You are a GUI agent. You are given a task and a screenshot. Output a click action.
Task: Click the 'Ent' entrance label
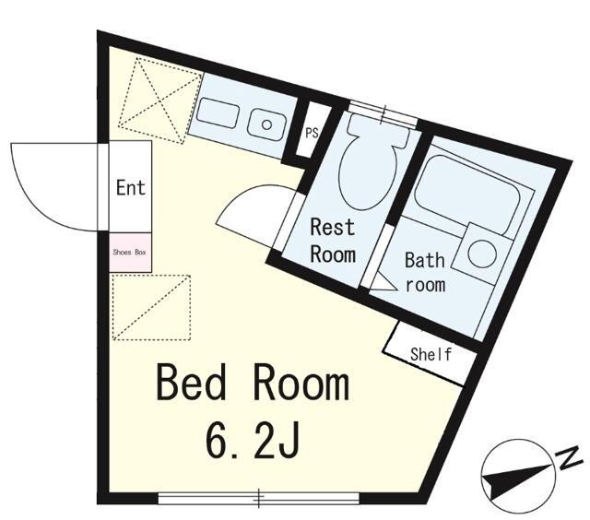pyautogui.click(x=131, y=187)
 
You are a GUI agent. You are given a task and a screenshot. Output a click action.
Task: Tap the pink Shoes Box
pyautogui.click(x=130, y=252)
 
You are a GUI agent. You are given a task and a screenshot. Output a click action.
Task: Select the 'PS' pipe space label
pyautogui.click(x=312, y=133)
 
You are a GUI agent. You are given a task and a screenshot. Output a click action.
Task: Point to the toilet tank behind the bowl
pyautogui.click(x=377, y=131)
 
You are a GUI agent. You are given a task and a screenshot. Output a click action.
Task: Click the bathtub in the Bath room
pyautogui.click(x=467, y=195)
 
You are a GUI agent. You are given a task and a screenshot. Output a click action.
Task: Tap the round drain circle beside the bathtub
pyautogui.click(x=482, y=253)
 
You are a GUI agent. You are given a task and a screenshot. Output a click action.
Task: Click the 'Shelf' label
pyautogui.click(x=431, y=354)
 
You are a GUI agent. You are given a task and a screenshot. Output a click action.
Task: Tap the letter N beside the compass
pyautogui.click(x=571, y=458)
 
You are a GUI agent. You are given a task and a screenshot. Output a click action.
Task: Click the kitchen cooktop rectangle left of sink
pyautogui.click(x=218, y=112)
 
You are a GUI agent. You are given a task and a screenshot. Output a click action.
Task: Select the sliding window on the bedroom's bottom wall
pyautogui.click(x=259, y=498)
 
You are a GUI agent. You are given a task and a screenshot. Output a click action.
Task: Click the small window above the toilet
pyautogui.click(x=383, y=112)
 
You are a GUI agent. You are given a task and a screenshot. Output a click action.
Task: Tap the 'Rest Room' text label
pyautogui.click(x=333, y=241)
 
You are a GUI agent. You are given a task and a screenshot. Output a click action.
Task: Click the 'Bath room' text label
pyautogui.click(x=425, y=272)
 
